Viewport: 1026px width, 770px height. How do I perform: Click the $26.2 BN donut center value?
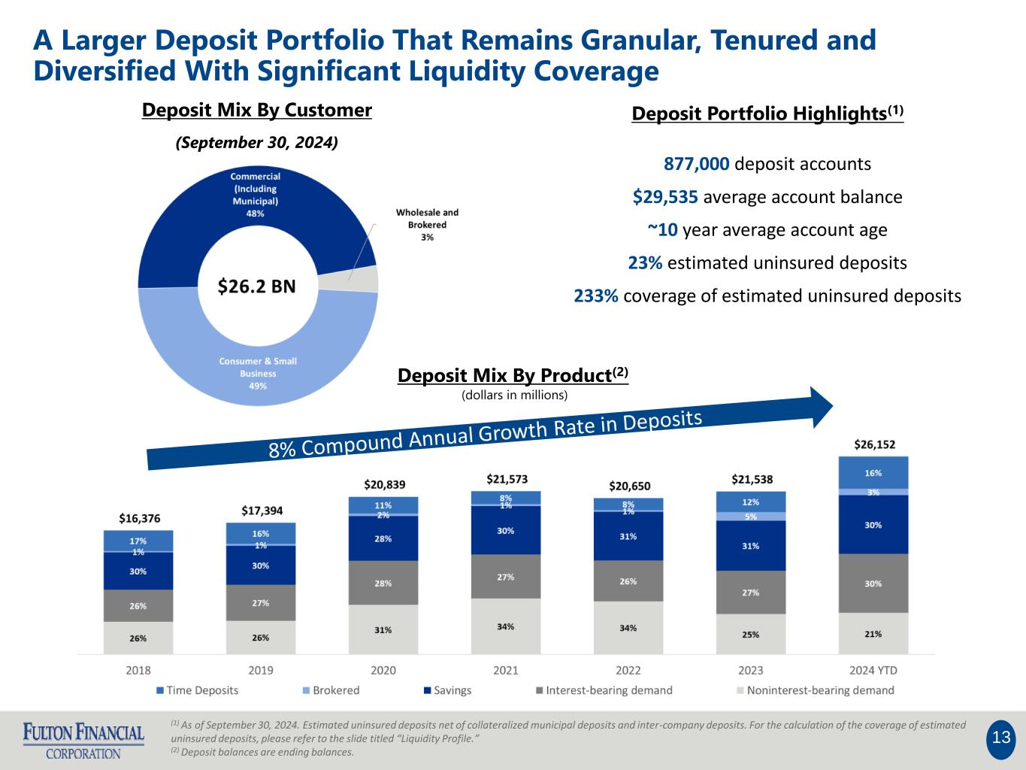256,286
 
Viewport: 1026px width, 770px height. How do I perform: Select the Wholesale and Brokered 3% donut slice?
367,279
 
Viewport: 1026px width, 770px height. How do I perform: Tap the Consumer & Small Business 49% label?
258,373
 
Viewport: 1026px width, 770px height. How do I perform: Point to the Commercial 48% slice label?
256,195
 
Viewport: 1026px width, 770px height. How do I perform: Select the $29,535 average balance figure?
665,197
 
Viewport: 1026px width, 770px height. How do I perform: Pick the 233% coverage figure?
596,296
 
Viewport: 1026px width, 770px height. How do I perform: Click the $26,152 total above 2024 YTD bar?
874,444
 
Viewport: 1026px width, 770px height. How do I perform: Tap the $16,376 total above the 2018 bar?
139,518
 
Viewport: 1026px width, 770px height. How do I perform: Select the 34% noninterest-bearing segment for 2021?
506,626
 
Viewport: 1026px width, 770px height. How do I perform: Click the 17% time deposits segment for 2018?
138,541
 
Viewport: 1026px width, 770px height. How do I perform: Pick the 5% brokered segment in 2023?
751,517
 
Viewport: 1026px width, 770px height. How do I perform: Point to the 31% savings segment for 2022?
628,536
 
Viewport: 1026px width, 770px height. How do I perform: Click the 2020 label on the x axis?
383,670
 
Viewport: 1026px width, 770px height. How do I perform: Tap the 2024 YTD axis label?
873,670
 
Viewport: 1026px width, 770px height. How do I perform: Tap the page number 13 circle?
1001,738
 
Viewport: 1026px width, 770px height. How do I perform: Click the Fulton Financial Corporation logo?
83,740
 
